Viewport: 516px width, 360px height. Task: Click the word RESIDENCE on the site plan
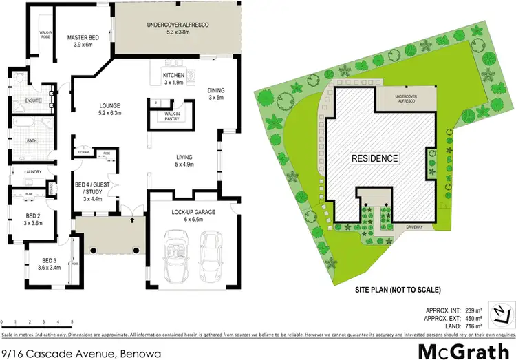(375, 158)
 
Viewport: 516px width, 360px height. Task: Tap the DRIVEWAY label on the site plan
(416, 223)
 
